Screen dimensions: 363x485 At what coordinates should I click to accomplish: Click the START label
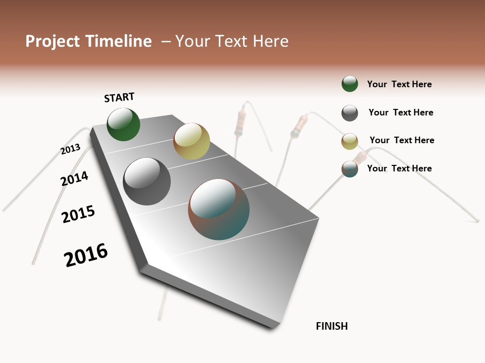pos(119,97)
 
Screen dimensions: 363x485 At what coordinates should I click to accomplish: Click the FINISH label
pos(331,326)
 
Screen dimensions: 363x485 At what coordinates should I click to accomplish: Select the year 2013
pos(70,149)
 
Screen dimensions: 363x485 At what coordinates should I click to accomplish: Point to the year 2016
pos(86,255)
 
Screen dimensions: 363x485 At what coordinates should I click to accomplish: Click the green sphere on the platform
pos(123,124)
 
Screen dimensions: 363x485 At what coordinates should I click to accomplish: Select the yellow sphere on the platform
pos(191,141)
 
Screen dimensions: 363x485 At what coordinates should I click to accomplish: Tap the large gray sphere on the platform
pos(147,181)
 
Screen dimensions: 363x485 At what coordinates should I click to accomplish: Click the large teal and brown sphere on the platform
pos(219,209)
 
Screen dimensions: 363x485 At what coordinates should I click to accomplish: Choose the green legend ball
pos(350,84)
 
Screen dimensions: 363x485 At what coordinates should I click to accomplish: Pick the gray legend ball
pos(350,113)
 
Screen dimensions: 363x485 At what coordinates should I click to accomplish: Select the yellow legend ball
pos(350,141)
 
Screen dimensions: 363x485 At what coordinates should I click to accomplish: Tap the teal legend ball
pos(350,169)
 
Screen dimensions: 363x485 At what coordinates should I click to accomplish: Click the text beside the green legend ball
pos(399,84)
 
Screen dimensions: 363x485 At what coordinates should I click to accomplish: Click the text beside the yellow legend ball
pos(402,140)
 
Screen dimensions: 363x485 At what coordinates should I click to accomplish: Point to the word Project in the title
pos(53,41)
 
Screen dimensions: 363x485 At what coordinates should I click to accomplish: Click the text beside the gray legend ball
pos(401,112)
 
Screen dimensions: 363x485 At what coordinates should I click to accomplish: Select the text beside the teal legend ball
pos(399,168)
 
